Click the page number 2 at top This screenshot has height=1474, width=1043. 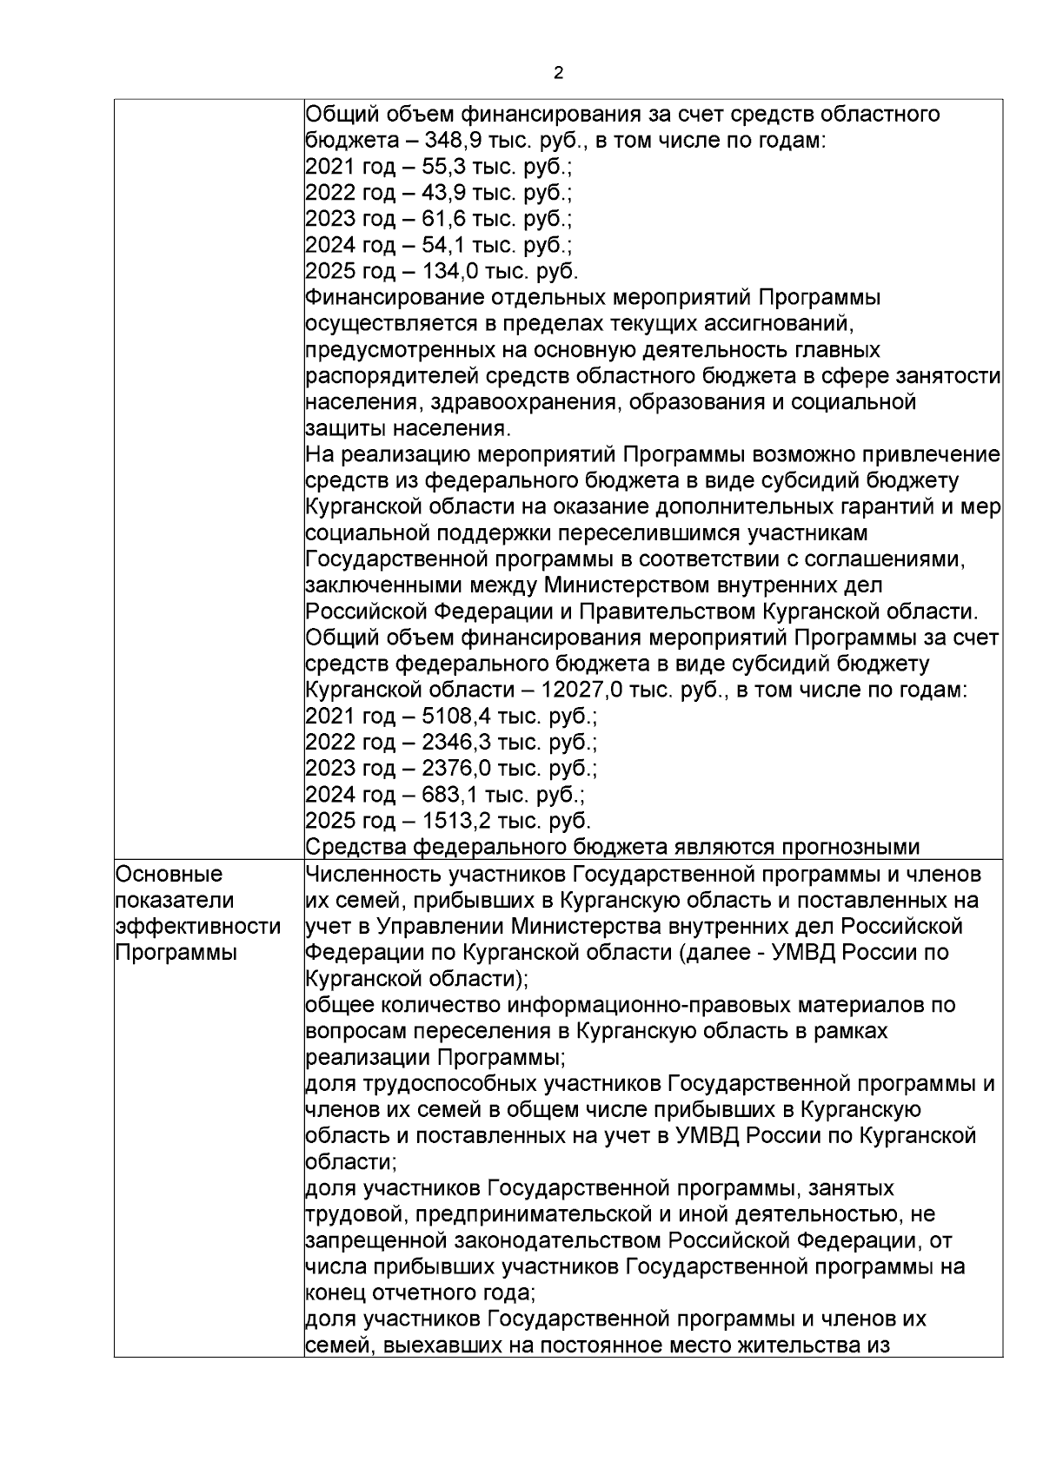(557, 74)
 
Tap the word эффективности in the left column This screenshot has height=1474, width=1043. (197, 926)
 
